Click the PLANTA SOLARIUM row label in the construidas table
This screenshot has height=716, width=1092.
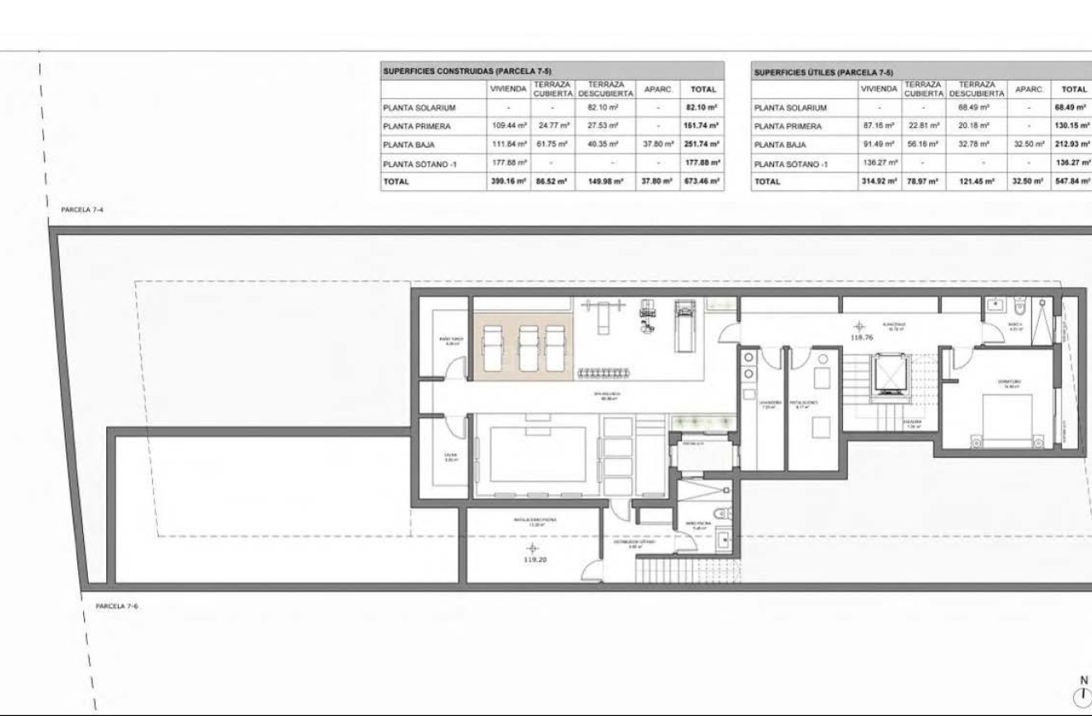pyautogui.click(x=419, y=108)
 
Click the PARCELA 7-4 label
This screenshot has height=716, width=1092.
pyautogui.click(x=81, y=211)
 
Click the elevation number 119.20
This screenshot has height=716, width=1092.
pyautogui.click(x=532, y=560)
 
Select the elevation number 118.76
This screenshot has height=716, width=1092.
pyautogui.click(x=863, y=338)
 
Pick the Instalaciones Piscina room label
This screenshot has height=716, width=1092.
pyautogui.click(x=534, y=522)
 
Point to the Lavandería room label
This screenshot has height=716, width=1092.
pyautogui.click(x=767, y=405)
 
